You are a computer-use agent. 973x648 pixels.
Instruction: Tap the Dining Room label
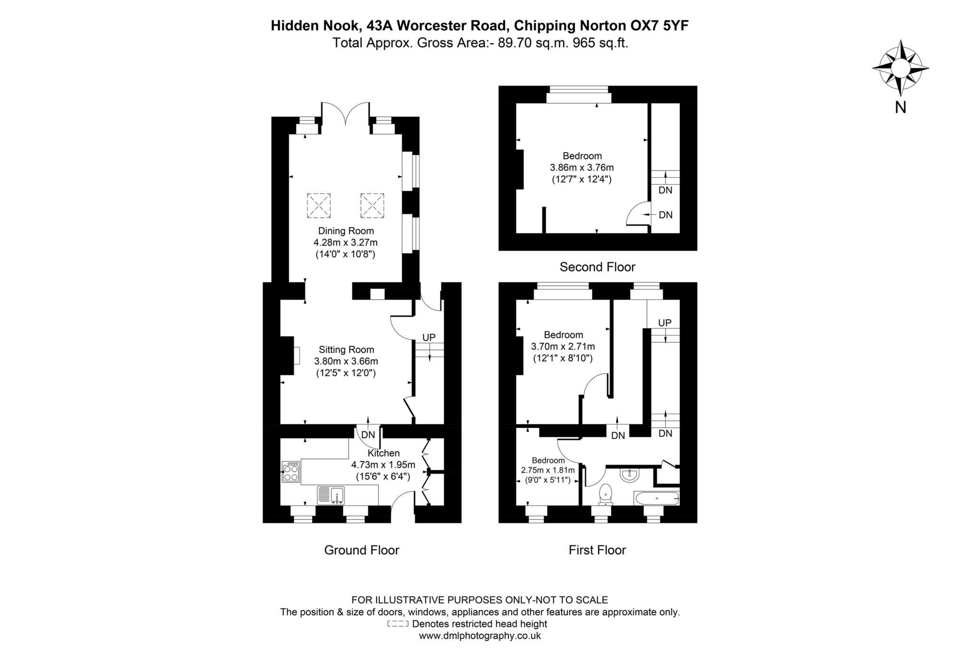click(x=346, y=231)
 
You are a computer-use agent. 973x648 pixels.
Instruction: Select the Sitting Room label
click(x=346, y=350)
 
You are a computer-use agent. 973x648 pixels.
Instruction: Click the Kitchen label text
click(x=383, y=453)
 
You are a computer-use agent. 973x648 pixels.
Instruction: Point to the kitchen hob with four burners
click(x=291, y=472)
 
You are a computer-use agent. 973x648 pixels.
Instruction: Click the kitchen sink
click(x=332, y=495)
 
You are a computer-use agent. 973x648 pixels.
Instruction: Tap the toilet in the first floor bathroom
click(x=606, y=494)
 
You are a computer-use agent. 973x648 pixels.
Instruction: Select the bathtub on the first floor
click(x=656, y=498)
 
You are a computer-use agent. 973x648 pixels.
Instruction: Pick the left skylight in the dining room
click(x=318, y=205)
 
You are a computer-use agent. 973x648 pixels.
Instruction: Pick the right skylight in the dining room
click(x=372, y=205)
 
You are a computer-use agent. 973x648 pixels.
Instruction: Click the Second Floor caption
click(x=597, y=267)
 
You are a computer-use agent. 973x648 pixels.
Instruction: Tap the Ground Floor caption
click(x=362, y=550)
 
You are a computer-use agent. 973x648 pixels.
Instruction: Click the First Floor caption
click(x=597, y=550)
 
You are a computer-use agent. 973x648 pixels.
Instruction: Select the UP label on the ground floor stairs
click(x=429, y=337)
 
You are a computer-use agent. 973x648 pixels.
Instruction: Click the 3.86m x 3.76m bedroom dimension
click(x=582, y=168)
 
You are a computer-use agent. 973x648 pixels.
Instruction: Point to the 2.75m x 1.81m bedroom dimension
click(x=548, y=470)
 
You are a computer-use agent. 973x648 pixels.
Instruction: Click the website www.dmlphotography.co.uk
click(x=480, y=636)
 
